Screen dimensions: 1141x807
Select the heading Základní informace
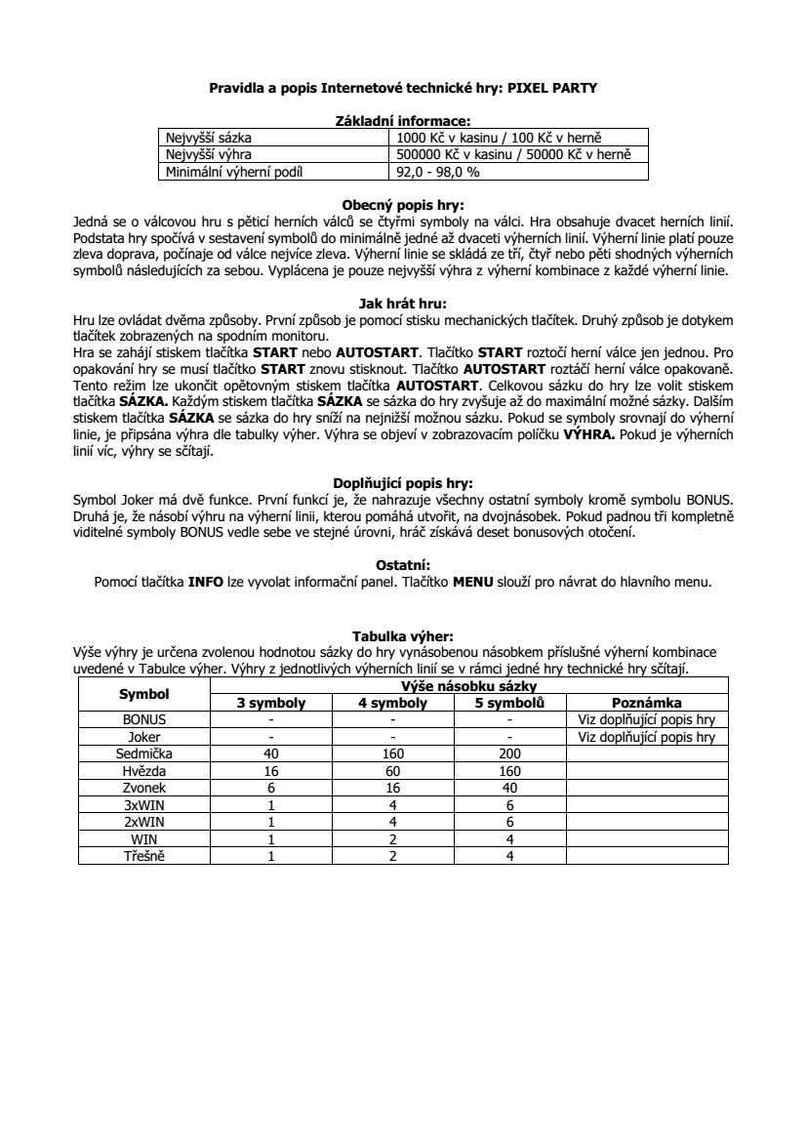(403, 121)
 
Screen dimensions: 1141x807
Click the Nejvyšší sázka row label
(208, 139)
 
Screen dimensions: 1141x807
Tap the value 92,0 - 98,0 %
(436, 172)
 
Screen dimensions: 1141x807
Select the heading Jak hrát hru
(403, 303)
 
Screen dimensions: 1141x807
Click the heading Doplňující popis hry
(403, 482)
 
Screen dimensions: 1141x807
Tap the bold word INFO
(206, 583)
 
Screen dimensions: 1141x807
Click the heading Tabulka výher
(403, 636)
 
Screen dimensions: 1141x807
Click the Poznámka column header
(646, 703)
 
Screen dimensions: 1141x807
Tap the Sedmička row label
(144, 754)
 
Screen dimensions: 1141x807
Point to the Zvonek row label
(144, 788)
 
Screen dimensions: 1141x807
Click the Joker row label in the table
(144, 738)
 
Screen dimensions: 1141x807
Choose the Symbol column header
(144, 694)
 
